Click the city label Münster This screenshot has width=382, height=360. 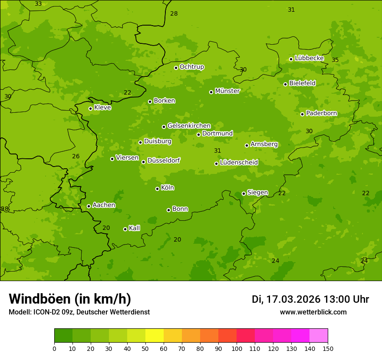227,91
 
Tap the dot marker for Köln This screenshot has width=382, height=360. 157,189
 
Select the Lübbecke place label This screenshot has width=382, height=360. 309,58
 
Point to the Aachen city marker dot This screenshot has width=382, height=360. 89,206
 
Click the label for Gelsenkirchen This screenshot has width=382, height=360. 189,126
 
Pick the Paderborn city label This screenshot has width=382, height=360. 321,113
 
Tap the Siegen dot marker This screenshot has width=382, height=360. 244,193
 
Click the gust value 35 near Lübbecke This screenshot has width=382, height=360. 335,60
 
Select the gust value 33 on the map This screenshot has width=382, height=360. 38,4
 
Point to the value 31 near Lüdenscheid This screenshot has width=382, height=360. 217,151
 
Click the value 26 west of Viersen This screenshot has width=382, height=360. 76,156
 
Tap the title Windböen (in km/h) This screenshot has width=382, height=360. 70,299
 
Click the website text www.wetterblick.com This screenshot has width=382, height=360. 313,312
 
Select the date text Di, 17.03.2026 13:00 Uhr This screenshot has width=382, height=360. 310,299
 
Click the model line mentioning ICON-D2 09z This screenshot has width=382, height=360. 79,312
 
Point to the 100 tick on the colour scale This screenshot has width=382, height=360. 237,348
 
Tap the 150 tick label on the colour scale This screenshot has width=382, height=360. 328,348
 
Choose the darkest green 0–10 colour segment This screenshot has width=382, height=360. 63,336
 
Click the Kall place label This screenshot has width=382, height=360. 134,228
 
